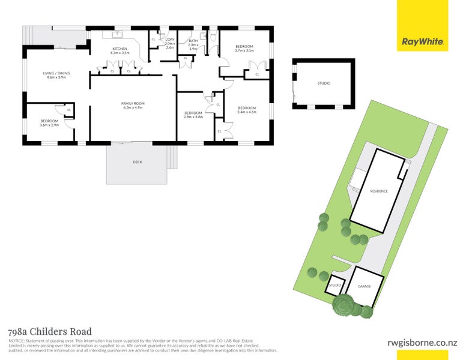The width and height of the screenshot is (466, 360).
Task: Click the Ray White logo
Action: pos(423,42)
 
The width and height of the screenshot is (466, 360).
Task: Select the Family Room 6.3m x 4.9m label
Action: pos(133,106)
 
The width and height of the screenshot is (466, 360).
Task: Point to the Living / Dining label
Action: pos(56,75)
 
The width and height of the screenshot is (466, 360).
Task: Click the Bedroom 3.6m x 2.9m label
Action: pos(49,122)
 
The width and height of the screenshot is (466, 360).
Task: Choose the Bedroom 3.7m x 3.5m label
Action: pos(244,49)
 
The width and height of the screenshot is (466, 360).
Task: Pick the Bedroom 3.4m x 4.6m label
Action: pos(247,109)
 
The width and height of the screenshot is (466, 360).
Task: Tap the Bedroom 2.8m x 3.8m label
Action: pos(193,115)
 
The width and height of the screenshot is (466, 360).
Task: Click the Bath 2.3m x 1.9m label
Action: pos(193,44)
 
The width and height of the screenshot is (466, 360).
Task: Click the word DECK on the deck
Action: pos(138,162)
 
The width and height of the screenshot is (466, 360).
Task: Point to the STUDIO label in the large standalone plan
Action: pos(324,83)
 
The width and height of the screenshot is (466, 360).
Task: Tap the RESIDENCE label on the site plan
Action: pos(378,191)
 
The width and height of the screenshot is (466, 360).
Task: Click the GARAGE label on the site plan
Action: pos(364,286)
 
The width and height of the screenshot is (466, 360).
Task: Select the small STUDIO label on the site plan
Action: pos(335,285)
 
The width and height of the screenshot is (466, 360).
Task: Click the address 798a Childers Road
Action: pos(49,331)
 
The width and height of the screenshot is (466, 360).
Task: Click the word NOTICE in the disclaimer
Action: pos(16,340)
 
